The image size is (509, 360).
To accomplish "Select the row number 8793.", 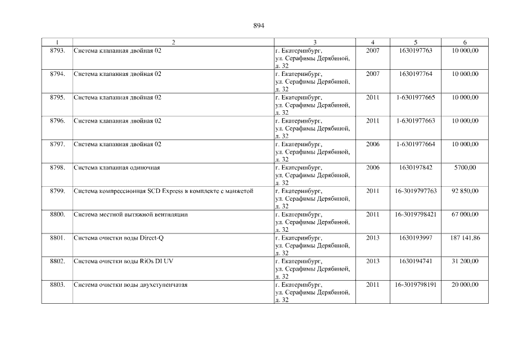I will pos(57,51).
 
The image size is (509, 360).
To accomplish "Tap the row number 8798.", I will pos(57,168).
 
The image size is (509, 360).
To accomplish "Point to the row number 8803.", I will pos(57,285).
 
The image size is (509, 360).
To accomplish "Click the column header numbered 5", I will pos(415,42).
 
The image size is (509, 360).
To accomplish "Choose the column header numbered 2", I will pos(173,42).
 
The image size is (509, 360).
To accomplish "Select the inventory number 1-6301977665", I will pos(416,97).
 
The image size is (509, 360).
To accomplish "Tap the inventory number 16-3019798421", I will pos(416,214).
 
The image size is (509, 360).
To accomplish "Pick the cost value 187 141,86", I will pos(465,238).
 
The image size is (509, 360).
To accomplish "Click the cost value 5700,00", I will pos(465,168).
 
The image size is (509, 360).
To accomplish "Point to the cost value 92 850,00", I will pos(465,191).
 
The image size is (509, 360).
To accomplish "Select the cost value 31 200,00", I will pos(465,262).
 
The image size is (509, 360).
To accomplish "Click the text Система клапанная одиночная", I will pos(118,168).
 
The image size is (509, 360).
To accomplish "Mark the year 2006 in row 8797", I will pos(372,144).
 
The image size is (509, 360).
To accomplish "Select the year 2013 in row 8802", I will pos(372,262).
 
